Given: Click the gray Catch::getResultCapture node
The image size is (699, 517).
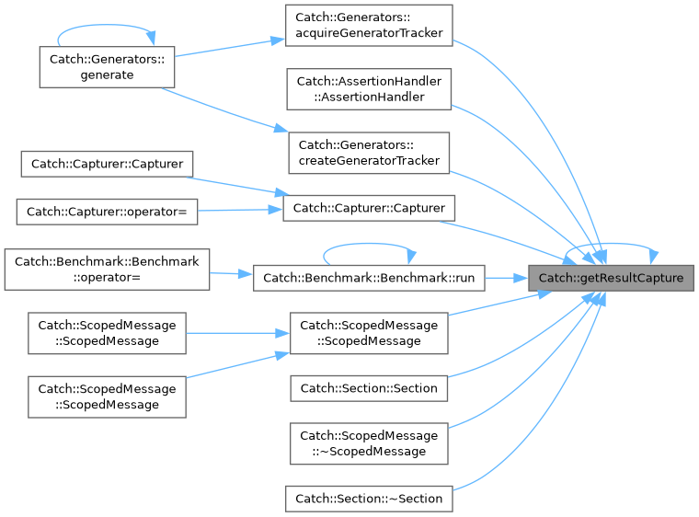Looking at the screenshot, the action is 611,278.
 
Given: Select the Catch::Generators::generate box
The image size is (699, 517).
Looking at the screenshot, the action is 107,67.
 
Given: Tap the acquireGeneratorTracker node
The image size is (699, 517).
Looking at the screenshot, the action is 369,26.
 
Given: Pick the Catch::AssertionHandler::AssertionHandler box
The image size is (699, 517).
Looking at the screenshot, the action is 369,89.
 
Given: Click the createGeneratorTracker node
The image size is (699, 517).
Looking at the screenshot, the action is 369,153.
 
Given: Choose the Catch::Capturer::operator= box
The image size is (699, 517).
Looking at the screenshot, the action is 107,212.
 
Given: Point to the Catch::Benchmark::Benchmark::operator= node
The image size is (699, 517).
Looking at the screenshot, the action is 107,270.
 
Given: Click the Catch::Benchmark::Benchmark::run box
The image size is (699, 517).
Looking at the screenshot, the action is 369,278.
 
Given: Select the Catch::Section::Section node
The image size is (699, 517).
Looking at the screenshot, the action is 369,388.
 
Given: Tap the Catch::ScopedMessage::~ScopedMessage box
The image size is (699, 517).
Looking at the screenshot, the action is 369,443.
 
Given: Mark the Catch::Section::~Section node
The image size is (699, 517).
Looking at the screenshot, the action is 369,499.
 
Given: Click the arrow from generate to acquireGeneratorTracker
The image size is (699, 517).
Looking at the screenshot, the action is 230,48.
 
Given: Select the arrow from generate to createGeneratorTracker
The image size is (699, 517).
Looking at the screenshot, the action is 225,110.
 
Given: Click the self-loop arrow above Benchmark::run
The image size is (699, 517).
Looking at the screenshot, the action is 369,244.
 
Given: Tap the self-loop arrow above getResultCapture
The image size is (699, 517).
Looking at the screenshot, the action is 612,244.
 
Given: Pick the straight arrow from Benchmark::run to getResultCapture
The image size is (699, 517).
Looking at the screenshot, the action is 507,279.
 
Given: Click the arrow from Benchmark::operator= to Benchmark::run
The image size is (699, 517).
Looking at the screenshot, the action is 232,274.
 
